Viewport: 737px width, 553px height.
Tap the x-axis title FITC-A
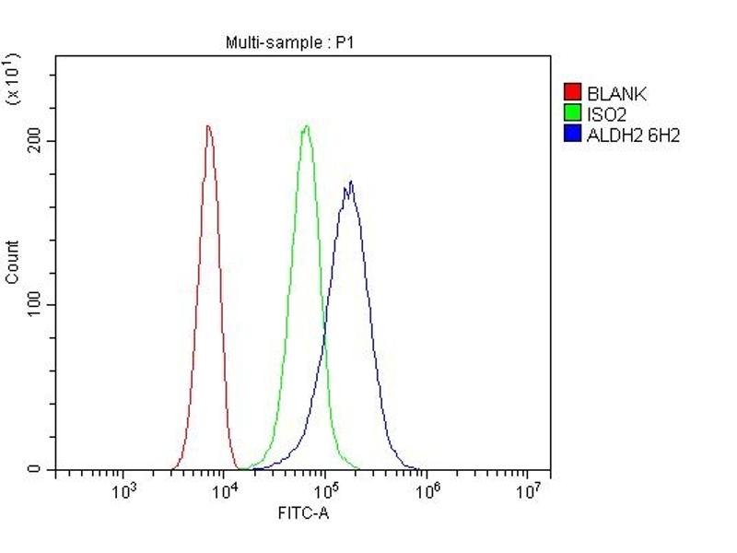click(x=303, y=512)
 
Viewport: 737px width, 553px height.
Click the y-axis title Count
click(x=12, y=262)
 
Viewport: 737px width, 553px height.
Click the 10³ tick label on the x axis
click(x=123, y=490)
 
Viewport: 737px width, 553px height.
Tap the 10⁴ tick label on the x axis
click(x=224, y=490)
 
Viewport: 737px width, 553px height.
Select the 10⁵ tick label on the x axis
click(x=324, y=490)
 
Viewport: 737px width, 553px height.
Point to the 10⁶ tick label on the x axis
click(x=426, y=490)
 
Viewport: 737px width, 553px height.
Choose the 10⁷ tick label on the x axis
click(x=526, y=490)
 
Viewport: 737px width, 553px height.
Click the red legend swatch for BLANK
click(x=572, y=93)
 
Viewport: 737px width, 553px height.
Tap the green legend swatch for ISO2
click(x=572, y=114)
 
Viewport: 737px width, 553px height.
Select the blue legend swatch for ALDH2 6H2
click(x=572, y=135)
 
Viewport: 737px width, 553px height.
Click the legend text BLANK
click(x=616, y=93)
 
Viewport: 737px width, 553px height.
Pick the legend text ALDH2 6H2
click(x=633, y=135)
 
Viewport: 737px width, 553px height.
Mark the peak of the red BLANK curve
click(x=208, y=125)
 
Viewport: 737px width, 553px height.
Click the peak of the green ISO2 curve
click(x=306, y=125)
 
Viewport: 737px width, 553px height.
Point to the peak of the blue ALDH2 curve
click(x=350, y=182)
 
